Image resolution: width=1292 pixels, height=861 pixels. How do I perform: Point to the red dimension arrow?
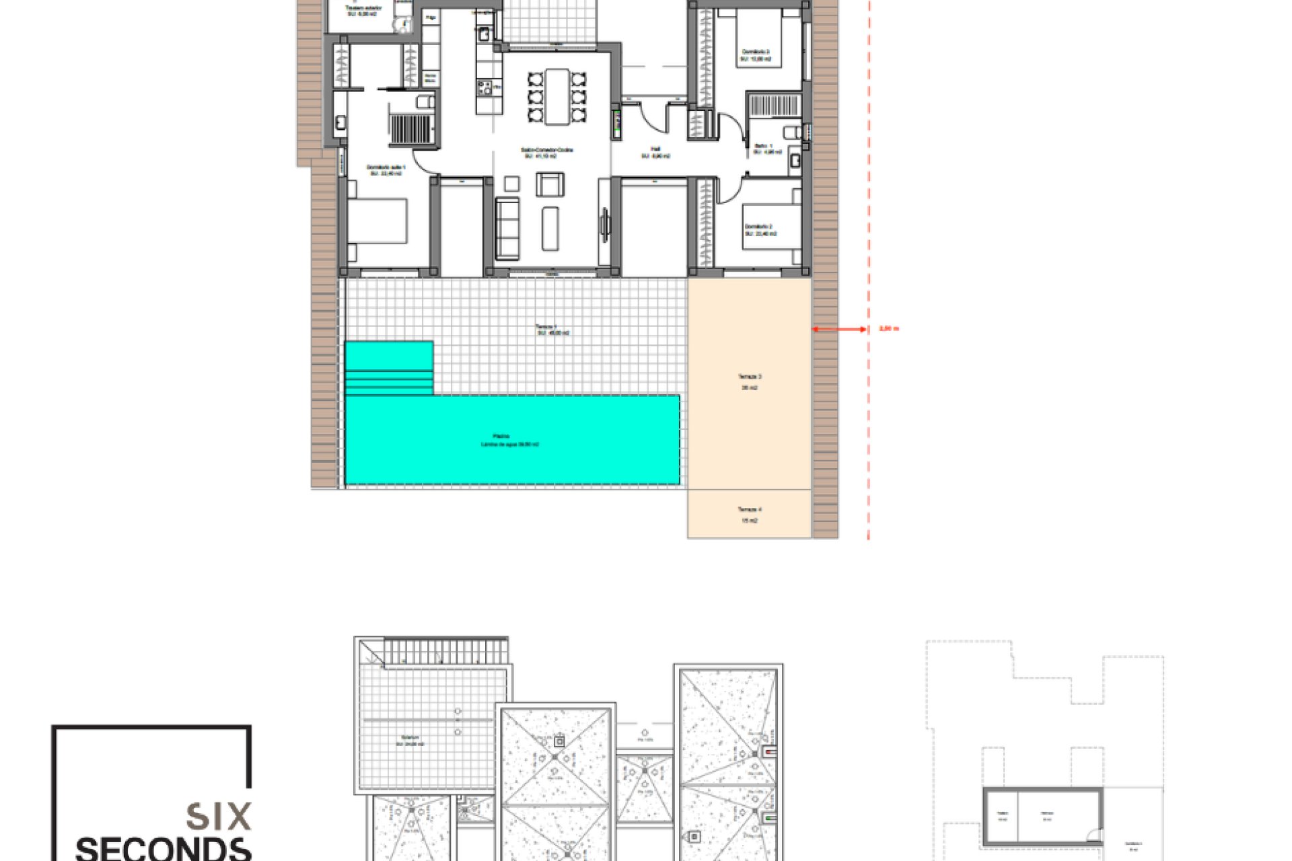point(840,330)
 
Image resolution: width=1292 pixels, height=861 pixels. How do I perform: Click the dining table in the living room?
point(557,96)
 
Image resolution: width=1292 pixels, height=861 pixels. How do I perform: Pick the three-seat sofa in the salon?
point(507,228)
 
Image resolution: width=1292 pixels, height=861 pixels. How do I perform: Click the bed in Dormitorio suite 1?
point(378,221)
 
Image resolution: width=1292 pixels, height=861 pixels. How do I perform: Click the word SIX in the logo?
point(219,817)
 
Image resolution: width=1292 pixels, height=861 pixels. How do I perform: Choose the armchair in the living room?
point(550,184)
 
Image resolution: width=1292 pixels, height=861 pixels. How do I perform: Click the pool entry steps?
point(389,369)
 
